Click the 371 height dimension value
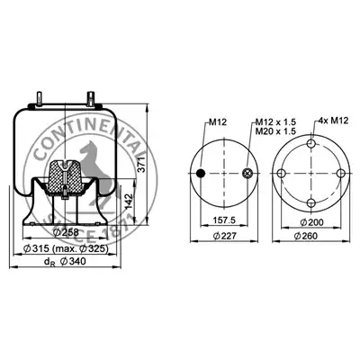pyautogui.click(x=141, y=164)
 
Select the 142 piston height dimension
pyautogui.click(x=128, y=202)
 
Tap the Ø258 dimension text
pyautogui.click(x=66, y=232)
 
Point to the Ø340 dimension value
pyautogui.click(x=73, y=262)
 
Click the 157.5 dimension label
pyautogui.click(x=224, y=220)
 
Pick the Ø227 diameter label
pyautogui.click(x=225, y=236)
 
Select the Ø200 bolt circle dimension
pyautogui.click(x=311, y=222)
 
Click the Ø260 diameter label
pyautogui.click(x=306, y=236)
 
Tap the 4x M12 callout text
pyautogui.click(x=333, y=121)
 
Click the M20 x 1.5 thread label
pyautogui.click(x=275, y=131)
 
